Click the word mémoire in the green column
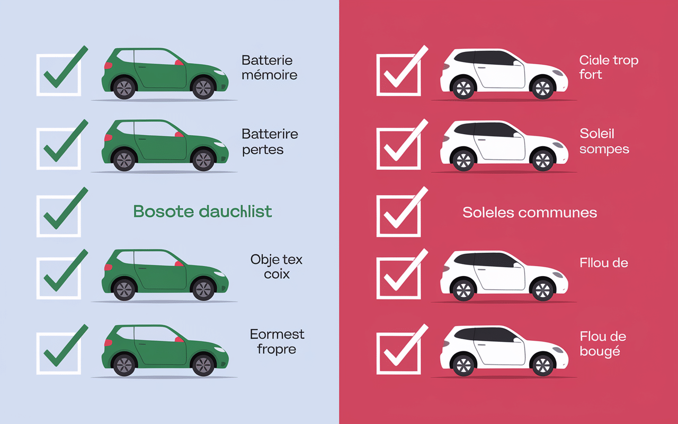(x=269, y=75)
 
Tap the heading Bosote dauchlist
(x=202, y=211)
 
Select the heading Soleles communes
(x=530, y=213)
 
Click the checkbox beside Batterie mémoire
(x=58, y=75)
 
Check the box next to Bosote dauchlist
(x=58, y=215)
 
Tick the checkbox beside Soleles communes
(x=398, y=215)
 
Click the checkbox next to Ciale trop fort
(x=398, y=75)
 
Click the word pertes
(x=263, y=149)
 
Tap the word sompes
(x=604, y=149)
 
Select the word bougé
(x=600, y=351)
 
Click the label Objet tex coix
(x=276, y=267)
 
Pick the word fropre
(x=276, y=349)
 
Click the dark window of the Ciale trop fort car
(x=487, y=59)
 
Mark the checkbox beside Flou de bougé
(x=398, y=352)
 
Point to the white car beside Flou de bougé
(x=503, y=350)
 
